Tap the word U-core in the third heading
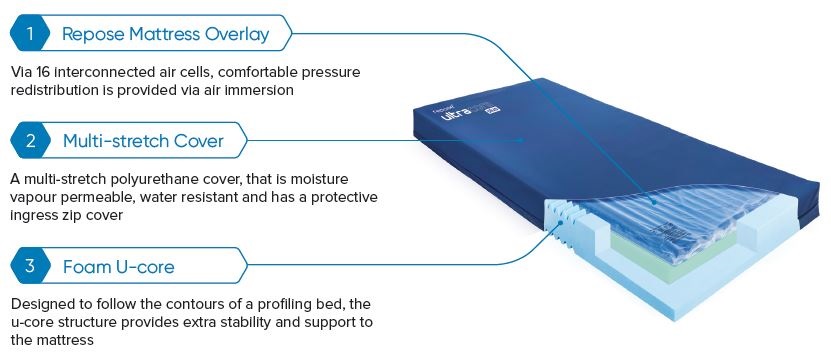[x=140, y=267]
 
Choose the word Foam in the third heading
[x=85, y=267]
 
